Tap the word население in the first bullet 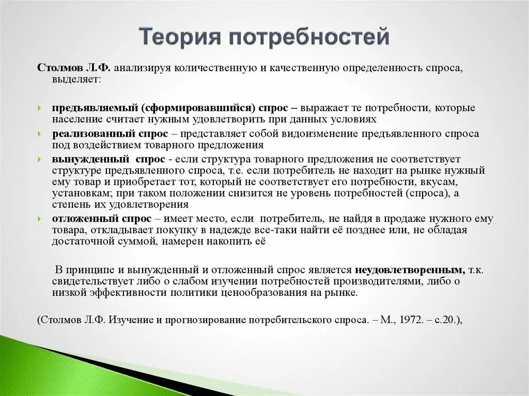72,119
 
